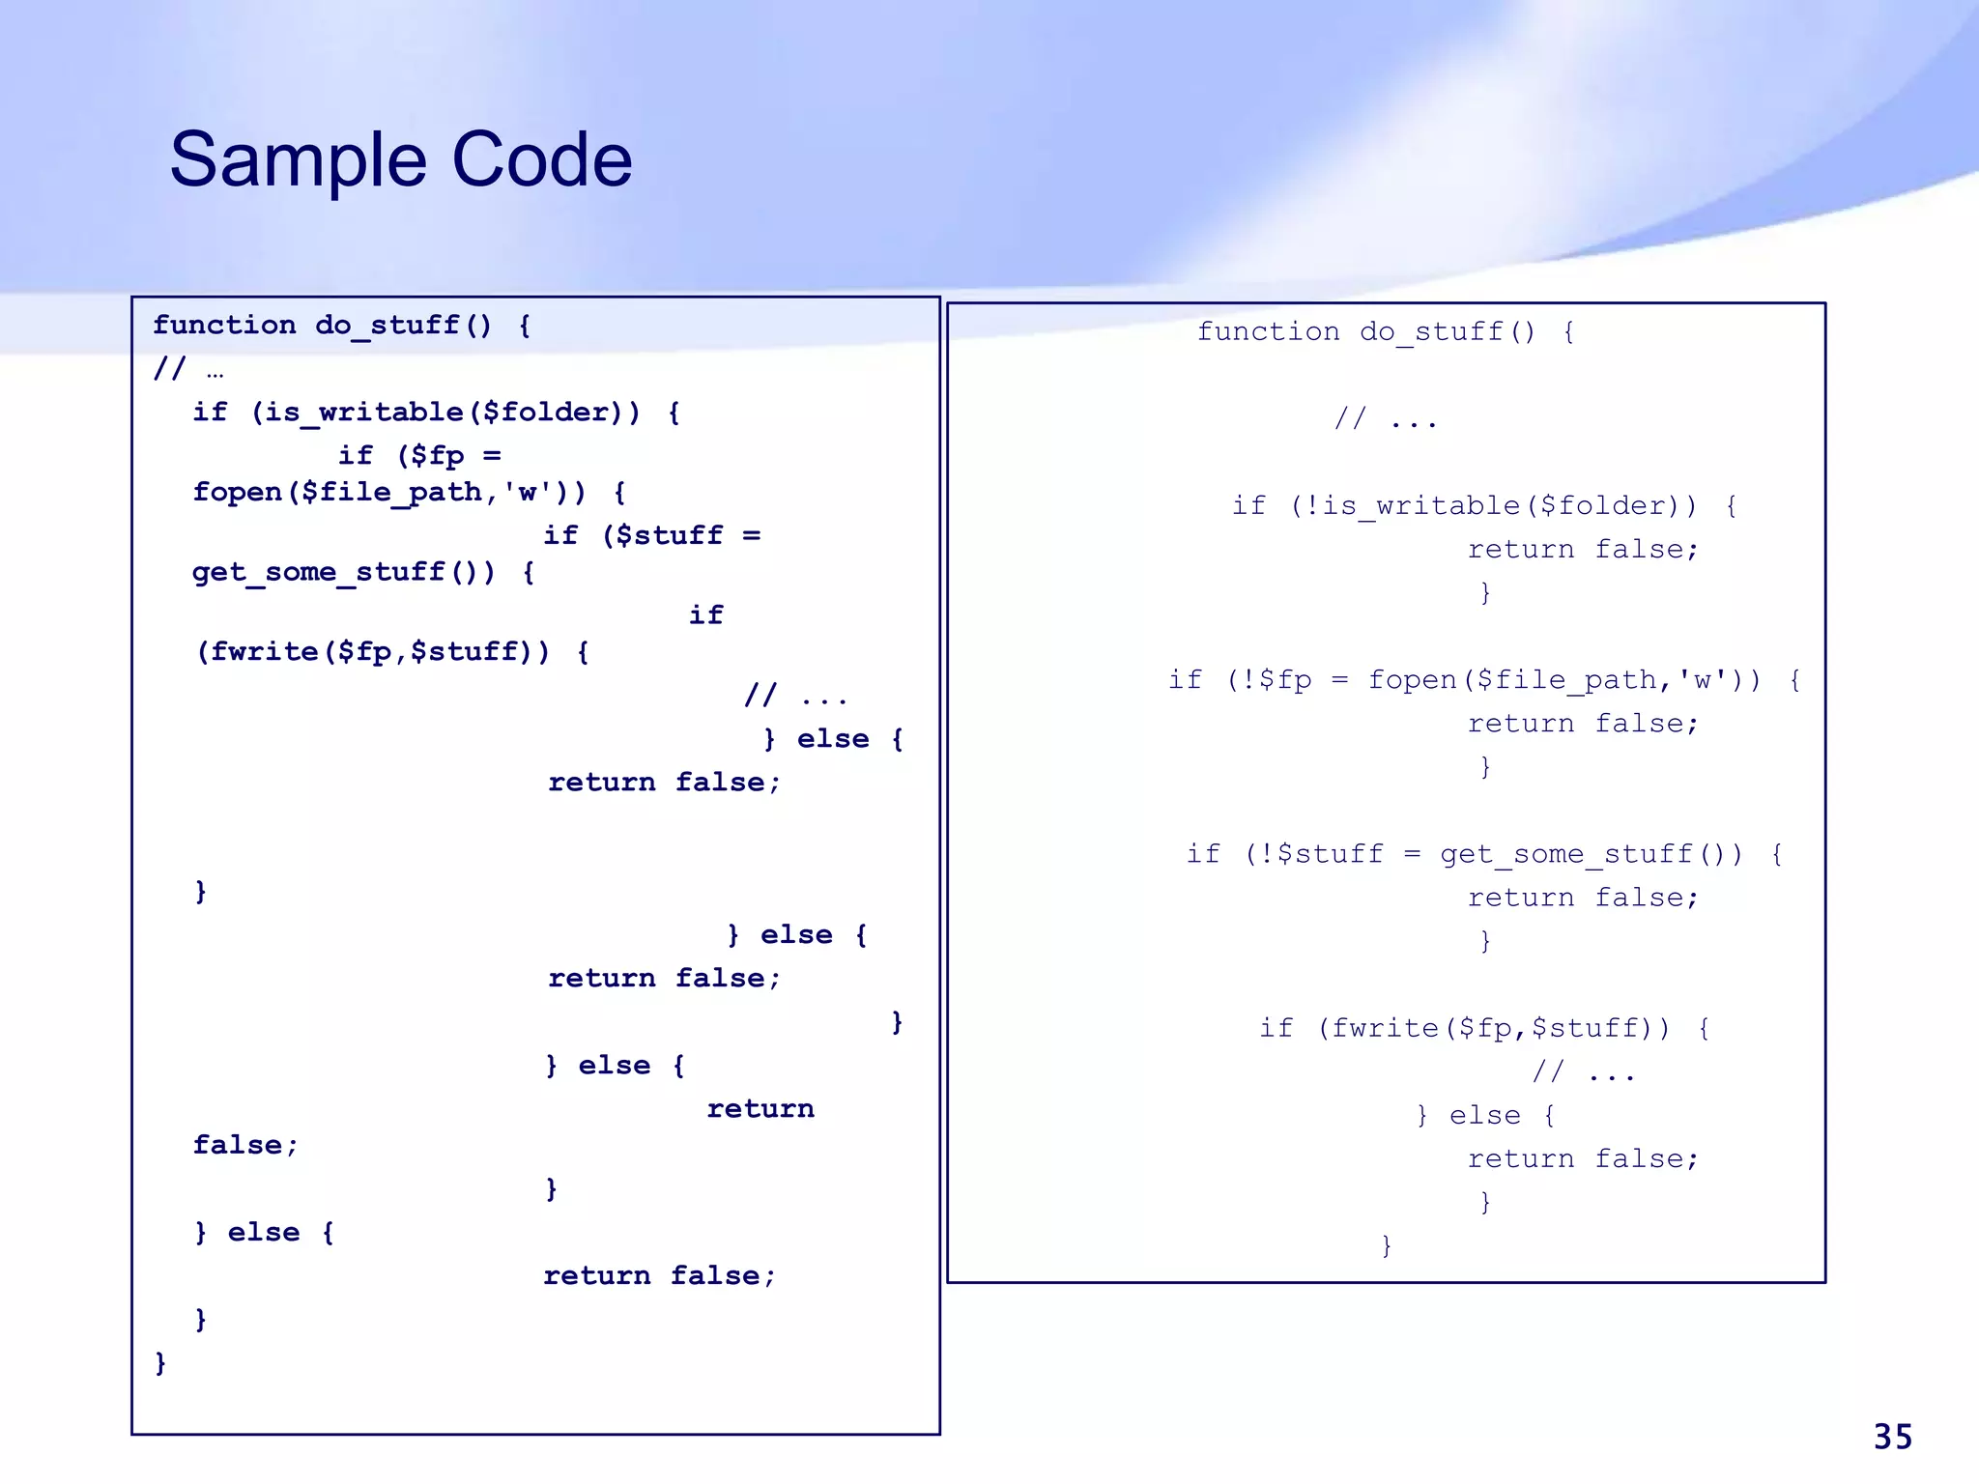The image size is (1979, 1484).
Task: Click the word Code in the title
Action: pos(541,160)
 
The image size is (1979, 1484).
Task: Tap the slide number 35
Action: pos(1892,1437)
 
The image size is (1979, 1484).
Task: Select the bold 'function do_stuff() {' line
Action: pos(341,326)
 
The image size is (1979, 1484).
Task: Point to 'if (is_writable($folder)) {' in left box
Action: pos(436,413)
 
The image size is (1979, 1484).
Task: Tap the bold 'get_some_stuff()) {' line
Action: pos(363,572)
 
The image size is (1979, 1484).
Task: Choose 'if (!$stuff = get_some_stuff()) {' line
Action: pos(1484,854)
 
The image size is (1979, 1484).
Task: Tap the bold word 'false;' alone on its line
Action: pos(245,1146)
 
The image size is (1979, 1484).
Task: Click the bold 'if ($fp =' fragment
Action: pos(419,456)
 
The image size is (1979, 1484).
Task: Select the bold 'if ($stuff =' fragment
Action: pos(651,536)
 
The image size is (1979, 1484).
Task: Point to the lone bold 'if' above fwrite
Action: pos(705,615)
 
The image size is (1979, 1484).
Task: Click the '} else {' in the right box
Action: pos(1484,1116)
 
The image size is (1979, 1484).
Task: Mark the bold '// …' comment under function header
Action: pos(188,369)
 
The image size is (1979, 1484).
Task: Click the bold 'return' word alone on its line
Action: pos(760,1109)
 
